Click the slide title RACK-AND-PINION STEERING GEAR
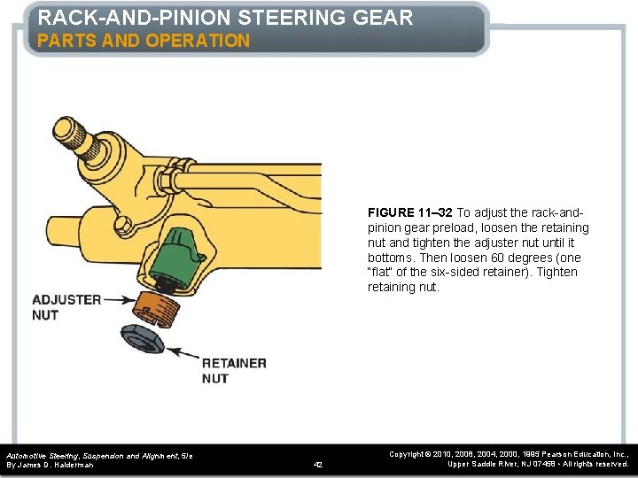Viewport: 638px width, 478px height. [225, 18]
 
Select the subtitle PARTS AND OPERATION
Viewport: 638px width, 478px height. [144, 41]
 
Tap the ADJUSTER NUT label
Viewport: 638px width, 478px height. [66, 307]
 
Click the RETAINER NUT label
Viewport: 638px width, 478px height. [233, 371]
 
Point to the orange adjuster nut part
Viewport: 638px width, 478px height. [159, 310]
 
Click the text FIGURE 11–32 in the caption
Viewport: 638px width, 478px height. [410, 212]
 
